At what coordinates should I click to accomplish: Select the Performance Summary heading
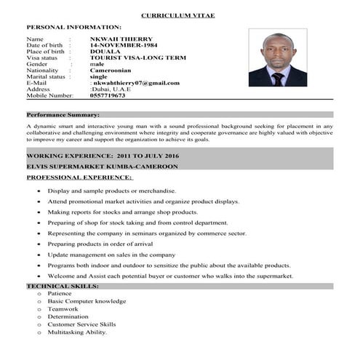(63, 114)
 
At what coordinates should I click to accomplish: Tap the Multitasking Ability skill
(77, 332)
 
